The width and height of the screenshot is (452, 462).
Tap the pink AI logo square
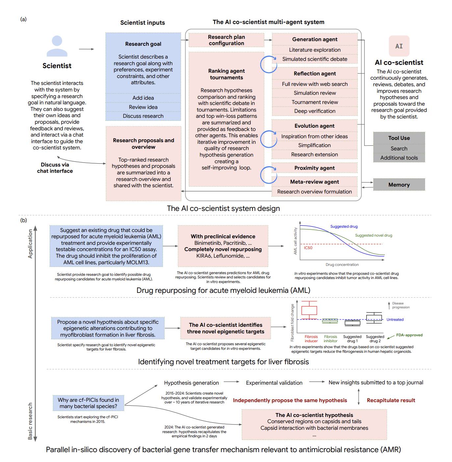[399, 46]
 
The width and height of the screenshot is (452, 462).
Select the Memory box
[399, 185]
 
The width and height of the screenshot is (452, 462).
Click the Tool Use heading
[399, 138]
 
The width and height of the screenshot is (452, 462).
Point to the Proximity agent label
[314, 168]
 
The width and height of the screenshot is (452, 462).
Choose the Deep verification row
[314, 111]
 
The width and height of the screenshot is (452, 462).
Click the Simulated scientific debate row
[314, 59]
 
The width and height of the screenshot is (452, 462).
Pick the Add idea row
[143, 98]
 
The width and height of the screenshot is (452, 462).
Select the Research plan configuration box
[226, 40]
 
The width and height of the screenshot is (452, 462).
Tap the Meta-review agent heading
[314, 182]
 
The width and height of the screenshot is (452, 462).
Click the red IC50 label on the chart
[308, 248]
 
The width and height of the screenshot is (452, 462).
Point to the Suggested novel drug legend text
[373, 235]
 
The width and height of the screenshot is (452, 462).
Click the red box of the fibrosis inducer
[309, 310]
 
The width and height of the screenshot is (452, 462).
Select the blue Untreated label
[395, 320]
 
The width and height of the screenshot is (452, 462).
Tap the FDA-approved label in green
[409, 335]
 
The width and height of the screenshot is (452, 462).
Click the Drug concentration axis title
[342, 265]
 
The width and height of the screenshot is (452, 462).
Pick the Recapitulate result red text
[391, 400]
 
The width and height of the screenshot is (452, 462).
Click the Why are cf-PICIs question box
[88, 403]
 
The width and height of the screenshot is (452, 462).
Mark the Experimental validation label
[274, 383]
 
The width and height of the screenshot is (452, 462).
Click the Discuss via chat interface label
[55, 168]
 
